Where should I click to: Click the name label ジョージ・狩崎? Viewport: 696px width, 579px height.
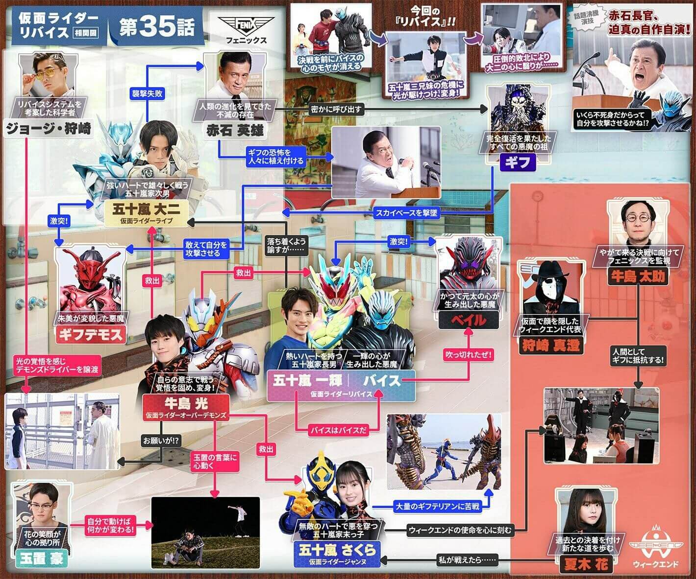tap(48, 129)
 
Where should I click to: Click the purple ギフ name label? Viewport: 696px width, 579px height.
tap(518, 162)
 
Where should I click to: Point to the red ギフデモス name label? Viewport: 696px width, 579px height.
tap(91, 334)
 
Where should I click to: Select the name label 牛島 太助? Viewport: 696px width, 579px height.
tap(637, 278)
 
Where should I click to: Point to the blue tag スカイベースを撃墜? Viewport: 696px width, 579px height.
tap(406, 213)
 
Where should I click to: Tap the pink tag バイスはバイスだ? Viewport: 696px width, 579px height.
tap(338, 431)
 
